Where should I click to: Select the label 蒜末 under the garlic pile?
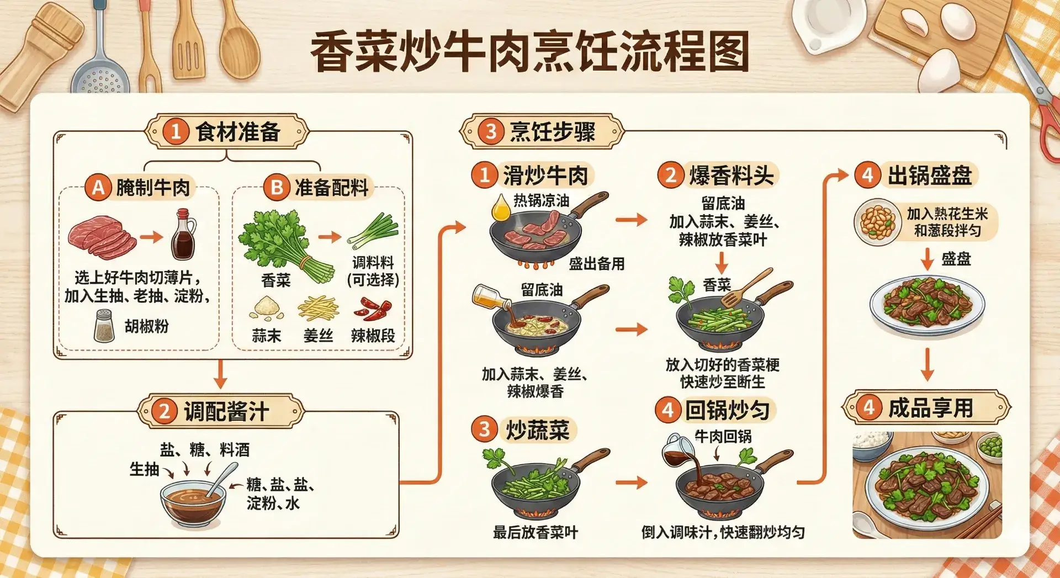(266, 336)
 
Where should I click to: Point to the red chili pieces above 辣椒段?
(373, 309)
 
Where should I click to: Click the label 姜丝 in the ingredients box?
(318, 336)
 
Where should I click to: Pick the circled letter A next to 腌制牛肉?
(98, 188)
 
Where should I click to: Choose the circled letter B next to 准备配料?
(277, 188)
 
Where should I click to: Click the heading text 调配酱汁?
(226, 412)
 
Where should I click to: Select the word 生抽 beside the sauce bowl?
(144, 469)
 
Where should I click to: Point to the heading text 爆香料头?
(731, 176)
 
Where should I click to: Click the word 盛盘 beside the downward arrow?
(956, 259)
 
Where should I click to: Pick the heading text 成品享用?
(930, 409)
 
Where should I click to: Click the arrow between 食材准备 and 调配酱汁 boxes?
(220, 374)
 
